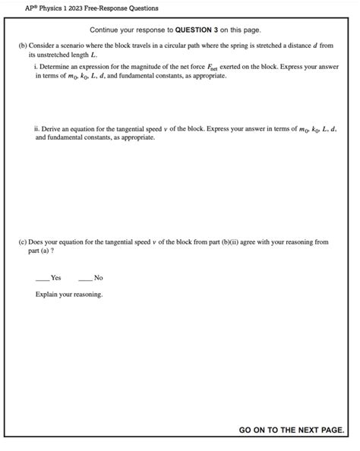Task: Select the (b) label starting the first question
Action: pos(22,46)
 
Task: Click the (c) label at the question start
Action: pos(22,242)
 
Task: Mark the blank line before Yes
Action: pos(43,278)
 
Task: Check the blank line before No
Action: pos(84,278)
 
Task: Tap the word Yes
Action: pos(56,278)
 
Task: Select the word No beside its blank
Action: pos(98,278)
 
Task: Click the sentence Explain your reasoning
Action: pos(69,294)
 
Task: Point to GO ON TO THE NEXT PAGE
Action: pos(291,430)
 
